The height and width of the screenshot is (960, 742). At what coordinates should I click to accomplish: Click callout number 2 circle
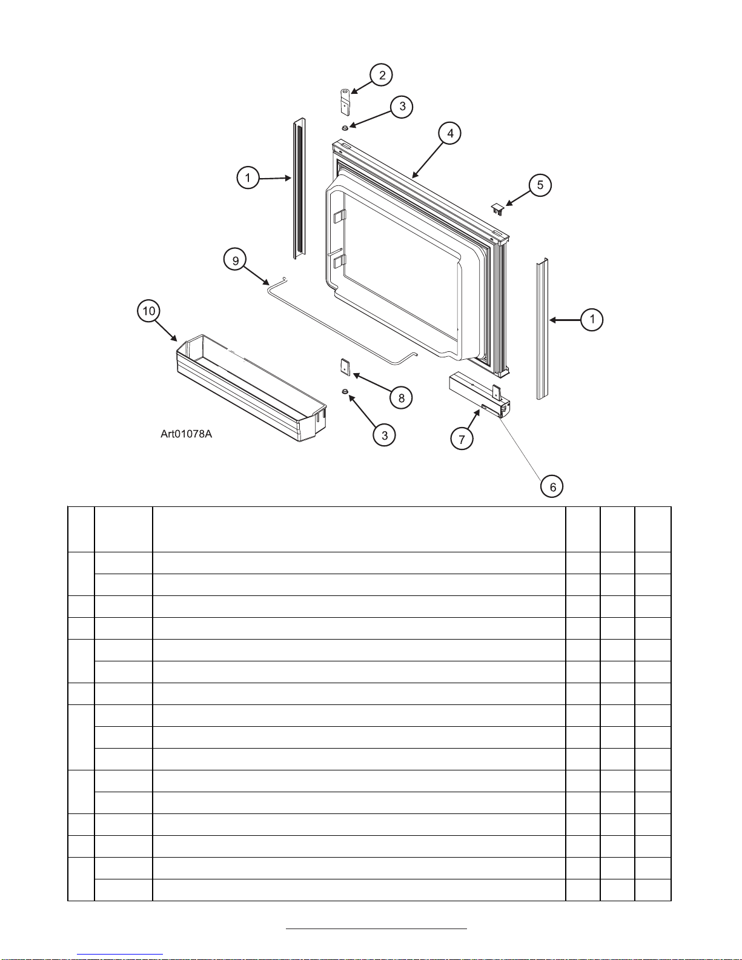[382, 75]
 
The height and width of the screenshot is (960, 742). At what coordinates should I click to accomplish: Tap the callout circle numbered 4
[449, 133]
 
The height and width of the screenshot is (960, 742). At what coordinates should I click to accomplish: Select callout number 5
[540, 185]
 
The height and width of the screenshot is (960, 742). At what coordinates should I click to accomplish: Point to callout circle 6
[552, 486]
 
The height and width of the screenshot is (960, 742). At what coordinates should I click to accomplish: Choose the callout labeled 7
[462, 439]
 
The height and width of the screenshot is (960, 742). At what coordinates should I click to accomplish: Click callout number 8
[401, 397]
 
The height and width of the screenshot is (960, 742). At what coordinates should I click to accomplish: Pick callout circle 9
[236, 260]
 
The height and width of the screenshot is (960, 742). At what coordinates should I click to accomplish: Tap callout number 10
[149, 311]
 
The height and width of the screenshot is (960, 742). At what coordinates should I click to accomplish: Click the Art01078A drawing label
[186, 434]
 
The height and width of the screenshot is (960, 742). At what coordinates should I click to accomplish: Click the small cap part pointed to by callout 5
[498, 209]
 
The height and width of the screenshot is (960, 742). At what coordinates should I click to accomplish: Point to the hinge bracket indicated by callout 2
[344, 102]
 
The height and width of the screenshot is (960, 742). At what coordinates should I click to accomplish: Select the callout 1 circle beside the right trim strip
[592, 319]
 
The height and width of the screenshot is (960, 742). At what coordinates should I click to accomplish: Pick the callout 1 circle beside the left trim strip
[248, 178]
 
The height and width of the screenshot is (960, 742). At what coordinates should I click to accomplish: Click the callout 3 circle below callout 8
[384, 435]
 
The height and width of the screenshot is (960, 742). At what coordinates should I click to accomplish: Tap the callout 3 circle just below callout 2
[402, 107]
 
